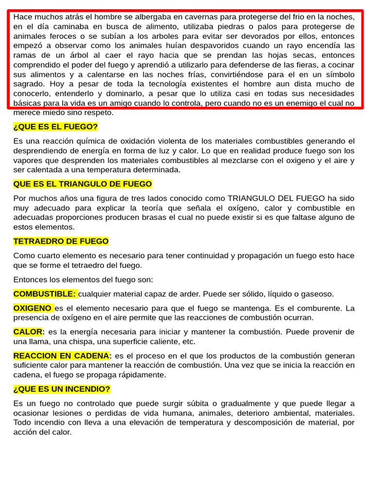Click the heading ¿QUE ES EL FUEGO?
tap(55, 127)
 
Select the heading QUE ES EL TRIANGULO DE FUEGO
tap(83, 184)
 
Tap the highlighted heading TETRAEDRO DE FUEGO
tap(61, 241)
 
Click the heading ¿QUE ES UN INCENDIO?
tap(62, 389)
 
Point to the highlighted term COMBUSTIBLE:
tap(45, 294)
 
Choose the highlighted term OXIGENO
tap(33, 308)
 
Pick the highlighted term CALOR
tap(28, 331)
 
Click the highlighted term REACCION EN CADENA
tap(61, 355)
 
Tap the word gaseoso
tap(317, 294)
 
